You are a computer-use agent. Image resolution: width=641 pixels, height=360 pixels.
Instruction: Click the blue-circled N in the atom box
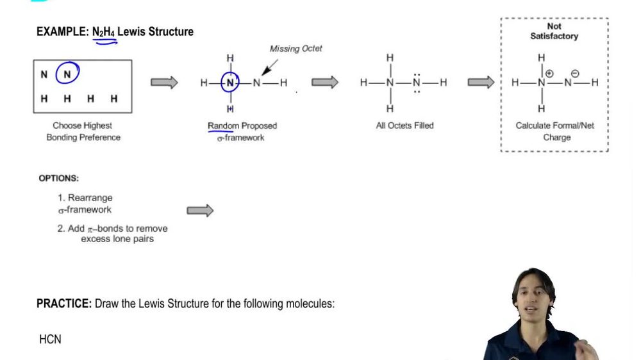point(67,74)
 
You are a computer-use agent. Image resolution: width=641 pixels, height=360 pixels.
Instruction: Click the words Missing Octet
point(296,49)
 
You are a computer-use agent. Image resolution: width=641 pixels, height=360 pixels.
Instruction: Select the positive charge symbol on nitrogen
point(549,74)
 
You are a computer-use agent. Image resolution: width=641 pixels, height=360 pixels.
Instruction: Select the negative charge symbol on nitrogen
point(574,74)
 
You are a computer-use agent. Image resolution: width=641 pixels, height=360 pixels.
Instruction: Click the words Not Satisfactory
point(554,31)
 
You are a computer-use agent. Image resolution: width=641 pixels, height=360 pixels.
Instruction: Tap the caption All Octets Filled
point(404,126)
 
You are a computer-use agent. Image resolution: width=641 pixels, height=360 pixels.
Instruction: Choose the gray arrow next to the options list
point(200,211)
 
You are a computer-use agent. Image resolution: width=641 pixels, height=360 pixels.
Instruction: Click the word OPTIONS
point(59,178)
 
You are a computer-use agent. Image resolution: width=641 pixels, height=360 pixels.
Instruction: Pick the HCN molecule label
point(50,339)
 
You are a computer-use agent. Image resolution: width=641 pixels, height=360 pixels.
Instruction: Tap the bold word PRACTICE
point(63,304)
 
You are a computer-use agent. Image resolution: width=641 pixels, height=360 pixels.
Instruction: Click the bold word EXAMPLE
point(62,31)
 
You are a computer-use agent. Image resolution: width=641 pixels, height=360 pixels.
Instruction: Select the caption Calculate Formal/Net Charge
point(555,131)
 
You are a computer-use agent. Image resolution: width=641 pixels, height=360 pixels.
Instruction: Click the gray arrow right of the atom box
point(164,82)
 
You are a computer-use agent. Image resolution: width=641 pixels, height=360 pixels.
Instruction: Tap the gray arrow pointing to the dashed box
point(481,82)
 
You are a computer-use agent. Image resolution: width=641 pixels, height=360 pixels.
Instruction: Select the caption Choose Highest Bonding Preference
point(83,131)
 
